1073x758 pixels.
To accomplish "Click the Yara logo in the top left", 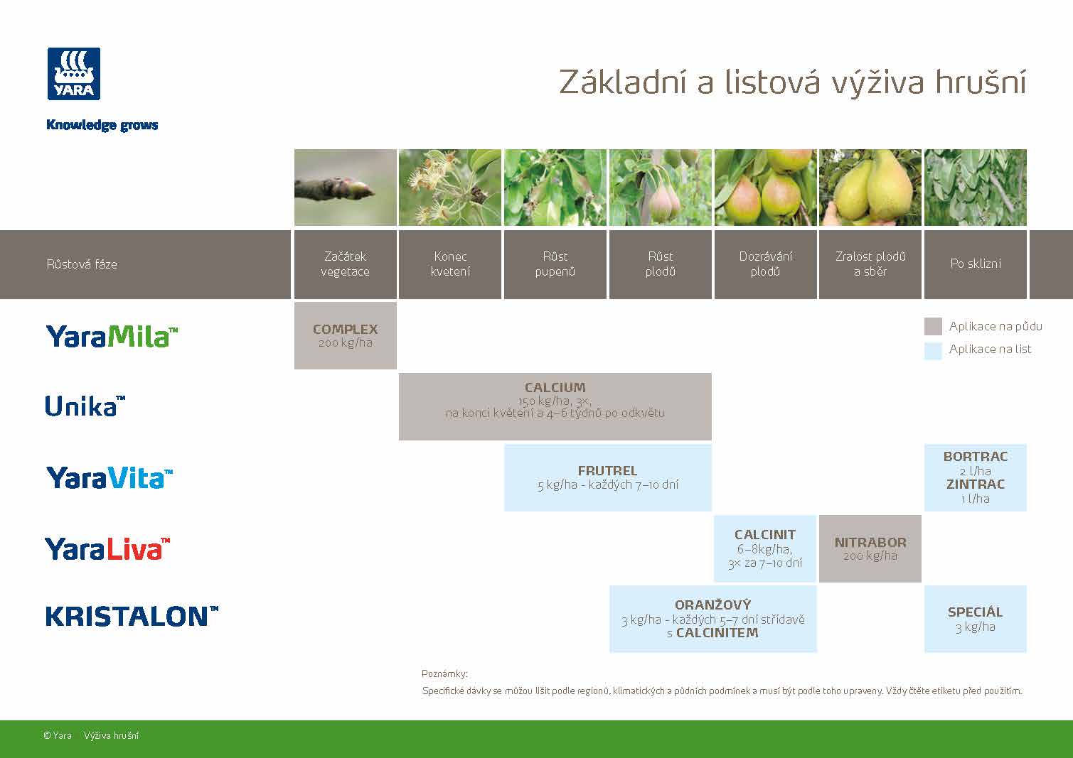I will tap(74, 74).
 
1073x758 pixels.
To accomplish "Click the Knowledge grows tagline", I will tap(102, 125).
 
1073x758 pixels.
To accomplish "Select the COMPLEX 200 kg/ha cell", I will tap(345, 335).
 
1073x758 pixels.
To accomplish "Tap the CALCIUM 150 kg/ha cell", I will tap(555, 406).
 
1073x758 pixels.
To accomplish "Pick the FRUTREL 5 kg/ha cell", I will tap(607, 477).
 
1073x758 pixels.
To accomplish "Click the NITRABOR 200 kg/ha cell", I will tap(870, 548).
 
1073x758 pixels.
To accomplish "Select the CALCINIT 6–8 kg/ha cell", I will tap(765, 548).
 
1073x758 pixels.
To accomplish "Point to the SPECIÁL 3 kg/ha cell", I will tap(975, 619).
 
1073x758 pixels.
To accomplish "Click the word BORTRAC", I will tap(975, 457).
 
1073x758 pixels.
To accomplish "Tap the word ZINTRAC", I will tap(975, 484).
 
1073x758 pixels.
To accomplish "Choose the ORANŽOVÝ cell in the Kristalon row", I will tap(712, 619).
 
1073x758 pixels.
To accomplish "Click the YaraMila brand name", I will tap(112, 336).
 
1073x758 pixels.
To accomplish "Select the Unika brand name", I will tap(85, 406).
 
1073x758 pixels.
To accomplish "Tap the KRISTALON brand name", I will tap(132, 616).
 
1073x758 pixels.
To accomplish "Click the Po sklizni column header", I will tap(975, 264).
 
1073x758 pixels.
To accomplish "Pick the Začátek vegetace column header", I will tap(345, 264).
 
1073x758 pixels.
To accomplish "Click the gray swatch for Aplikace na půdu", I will tap(933, 327).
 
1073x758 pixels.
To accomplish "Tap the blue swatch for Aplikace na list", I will tap(933, 350).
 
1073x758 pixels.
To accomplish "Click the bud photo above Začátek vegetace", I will tap(345, 188).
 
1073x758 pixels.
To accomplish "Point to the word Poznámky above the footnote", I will tap(444, 673).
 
